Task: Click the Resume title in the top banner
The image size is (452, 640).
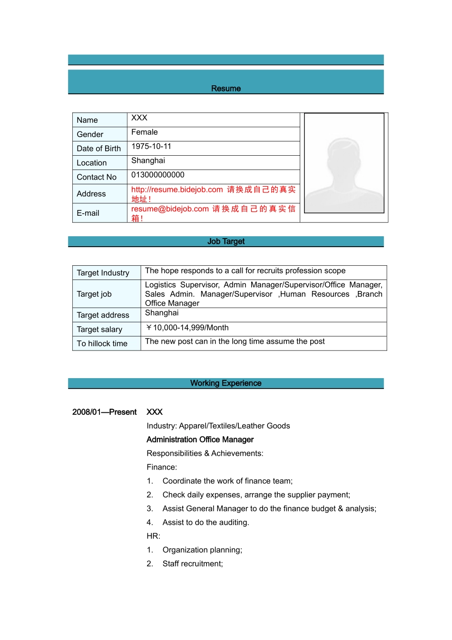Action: tap(226, 89)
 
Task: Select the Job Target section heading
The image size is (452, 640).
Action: tap(226, 241)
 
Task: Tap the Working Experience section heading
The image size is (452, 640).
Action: tap(226, 383)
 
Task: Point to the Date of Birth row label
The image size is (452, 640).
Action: tap(99, 149)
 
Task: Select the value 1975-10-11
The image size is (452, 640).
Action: tap(151, 147)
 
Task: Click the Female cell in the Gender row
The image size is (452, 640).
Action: tap(145, 132)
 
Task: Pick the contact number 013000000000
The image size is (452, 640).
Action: tap(158, 175)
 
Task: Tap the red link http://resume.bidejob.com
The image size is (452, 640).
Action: tap(177, 190)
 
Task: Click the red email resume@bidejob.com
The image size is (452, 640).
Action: tap(170, 209)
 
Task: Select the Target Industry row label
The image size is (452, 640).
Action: tap(103, 273)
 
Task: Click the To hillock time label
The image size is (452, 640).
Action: tap(102, 344)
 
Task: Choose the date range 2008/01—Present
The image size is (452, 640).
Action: tap(104, 412)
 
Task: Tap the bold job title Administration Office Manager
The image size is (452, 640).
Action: tap(200, 440)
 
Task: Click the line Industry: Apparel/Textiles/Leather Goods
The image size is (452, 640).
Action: tap(218, 426)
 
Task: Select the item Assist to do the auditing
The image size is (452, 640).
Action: tap(206, 522)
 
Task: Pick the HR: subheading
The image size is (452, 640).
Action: tap(153, 536)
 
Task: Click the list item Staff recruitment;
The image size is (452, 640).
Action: tap(193, 564)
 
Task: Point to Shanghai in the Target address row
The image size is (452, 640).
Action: tap(162, 313)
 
